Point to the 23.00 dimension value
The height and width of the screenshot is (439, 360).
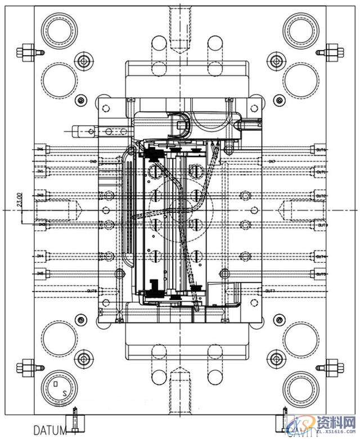[20, 200]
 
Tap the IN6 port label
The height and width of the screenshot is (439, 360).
[40, 149]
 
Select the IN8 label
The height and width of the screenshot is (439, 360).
[93, 162]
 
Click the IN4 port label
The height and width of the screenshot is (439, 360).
[40, 256]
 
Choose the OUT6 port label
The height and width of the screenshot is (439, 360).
[321, 150]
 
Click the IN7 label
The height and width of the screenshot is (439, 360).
[271, 162]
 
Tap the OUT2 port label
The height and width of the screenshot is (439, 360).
[321, 196]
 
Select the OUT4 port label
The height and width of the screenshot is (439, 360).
[321, 256]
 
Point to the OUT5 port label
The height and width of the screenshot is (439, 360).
[321, 274]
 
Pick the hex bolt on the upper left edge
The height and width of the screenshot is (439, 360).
[25, 52]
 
